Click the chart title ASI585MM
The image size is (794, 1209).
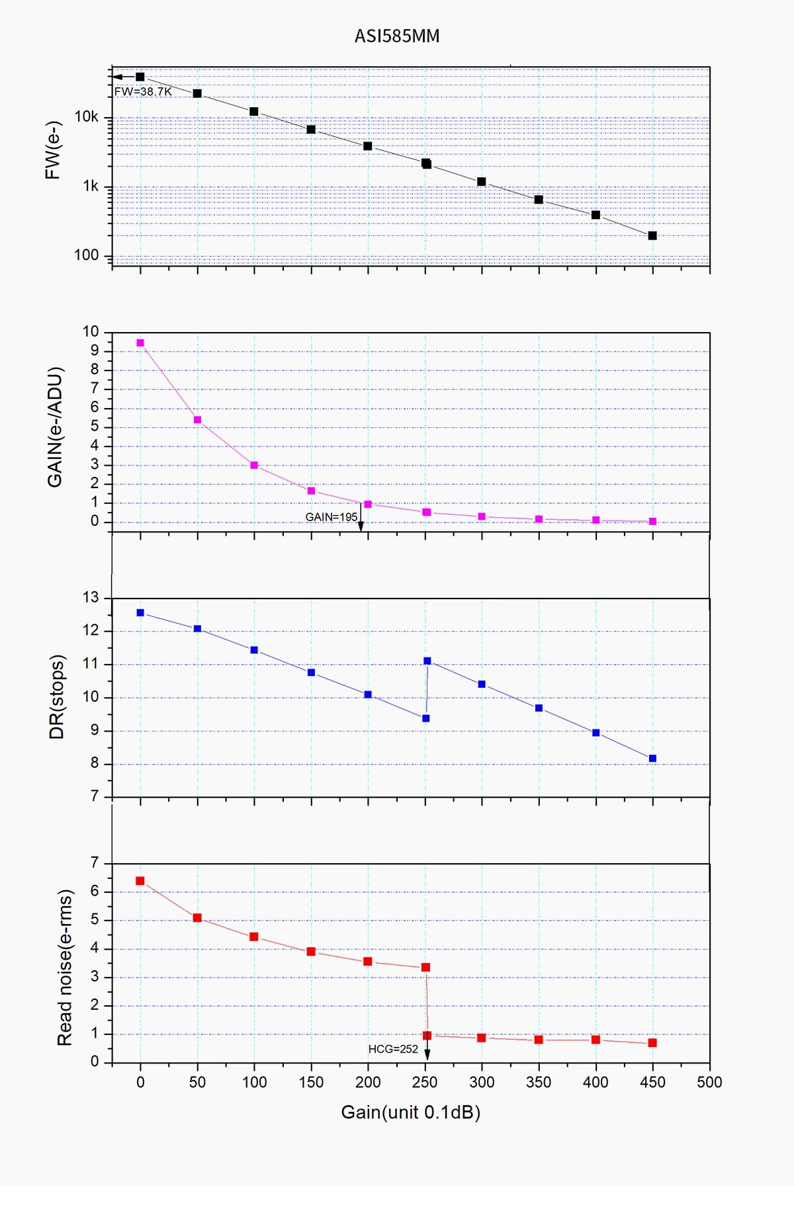397,36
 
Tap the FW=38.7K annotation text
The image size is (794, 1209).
143,92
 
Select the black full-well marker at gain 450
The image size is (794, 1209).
652,235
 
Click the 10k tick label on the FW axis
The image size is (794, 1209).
86,117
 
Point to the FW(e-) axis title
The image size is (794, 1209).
53,150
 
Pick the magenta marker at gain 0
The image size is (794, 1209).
140,343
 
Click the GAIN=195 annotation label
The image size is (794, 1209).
331,517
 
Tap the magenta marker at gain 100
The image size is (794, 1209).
254,465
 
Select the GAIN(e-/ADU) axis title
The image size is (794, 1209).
55,427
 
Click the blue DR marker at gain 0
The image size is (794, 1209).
140,612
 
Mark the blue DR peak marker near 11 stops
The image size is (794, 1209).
427,661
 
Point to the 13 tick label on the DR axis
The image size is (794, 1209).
91,598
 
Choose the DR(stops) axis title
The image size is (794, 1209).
57,696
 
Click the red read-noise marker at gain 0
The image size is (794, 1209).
140,881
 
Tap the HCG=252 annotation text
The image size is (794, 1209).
393,1049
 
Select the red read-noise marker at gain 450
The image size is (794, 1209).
652,1043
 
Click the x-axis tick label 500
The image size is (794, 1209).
709,1082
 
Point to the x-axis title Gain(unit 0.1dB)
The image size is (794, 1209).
410,1112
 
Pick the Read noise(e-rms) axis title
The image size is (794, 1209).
64,967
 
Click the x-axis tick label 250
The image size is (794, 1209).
425,1082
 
